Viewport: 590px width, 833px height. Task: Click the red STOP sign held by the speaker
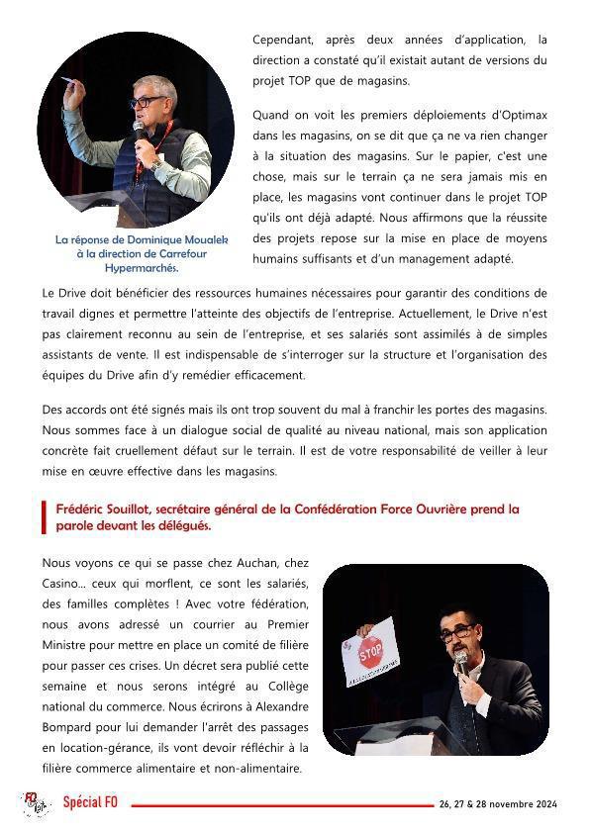[369, 653]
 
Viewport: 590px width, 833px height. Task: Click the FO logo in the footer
[37, 804]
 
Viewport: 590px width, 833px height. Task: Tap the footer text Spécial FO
[90, 802]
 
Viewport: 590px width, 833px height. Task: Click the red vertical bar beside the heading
[45, 516]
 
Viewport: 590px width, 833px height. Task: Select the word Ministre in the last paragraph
[71, 644]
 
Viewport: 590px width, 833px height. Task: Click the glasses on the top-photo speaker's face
[145, 101]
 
